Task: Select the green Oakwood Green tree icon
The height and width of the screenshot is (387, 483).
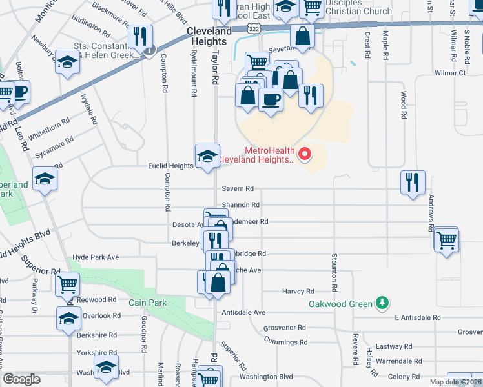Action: point(382,303)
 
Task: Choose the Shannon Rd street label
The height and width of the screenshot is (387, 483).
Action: point(240,205)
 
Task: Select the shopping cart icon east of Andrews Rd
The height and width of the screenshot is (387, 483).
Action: point(446,239)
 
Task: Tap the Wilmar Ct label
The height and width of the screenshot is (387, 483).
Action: point(450,74)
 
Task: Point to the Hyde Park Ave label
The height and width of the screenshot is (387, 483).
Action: point(96,257)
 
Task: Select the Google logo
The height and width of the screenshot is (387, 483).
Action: point(21,379)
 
